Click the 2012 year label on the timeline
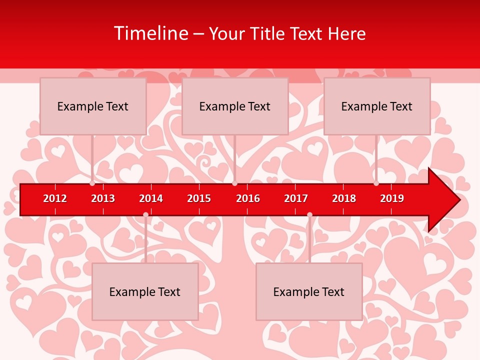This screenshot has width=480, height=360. coord(55,198)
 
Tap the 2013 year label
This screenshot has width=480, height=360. coord(103,198)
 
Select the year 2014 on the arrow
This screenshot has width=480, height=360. coord(151,198)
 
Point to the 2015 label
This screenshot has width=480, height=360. coord(199,198)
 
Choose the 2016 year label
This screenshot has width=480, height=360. coord(248,198)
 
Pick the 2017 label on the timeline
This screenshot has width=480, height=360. coord(296,198)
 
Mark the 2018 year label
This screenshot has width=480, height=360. coord(344,198)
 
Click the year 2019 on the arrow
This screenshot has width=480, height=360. coord(392,198)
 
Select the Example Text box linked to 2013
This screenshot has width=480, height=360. coord(93,106)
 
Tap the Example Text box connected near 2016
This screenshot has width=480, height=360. coord(235,106)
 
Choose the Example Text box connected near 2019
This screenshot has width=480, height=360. coord(377,106)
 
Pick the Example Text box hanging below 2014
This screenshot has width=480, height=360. coord(145,291)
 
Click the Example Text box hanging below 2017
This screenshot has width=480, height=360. coord(309,291)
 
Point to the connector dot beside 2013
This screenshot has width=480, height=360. coord(92,183)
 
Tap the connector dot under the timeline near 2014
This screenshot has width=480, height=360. coord(145,214)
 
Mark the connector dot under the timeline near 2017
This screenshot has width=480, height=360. coord(309,214)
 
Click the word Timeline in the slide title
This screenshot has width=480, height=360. coord(150,33)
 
